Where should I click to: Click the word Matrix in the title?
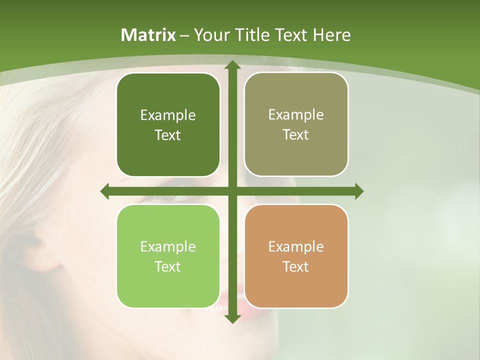tap(148, 35)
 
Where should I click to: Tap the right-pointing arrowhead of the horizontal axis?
tap(358, 191)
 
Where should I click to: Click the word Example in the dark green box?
tap(168, 115)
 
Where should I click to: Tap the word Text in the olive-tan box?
tap(295, 135)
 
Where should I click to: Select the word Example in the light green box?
tap(168, 247)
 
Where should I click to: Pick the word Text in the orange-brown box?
tap(295, 266)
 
